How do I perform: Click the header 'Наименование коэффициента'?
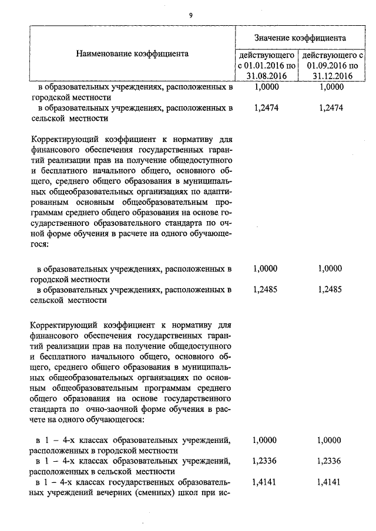[132, 53]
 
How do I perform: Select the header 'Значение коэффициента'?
[300, 38]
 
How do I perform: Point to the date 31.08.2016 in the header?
[266, 76]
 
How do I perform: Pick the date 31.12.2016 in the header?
[333, 76]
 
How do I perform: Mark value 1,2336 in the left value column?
[264, 461]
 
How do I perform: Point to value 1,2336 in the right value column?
[329, 461]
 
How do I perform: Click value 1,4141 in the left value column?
[264, 482]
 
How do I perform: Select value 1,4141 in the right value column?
[329, 482]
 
